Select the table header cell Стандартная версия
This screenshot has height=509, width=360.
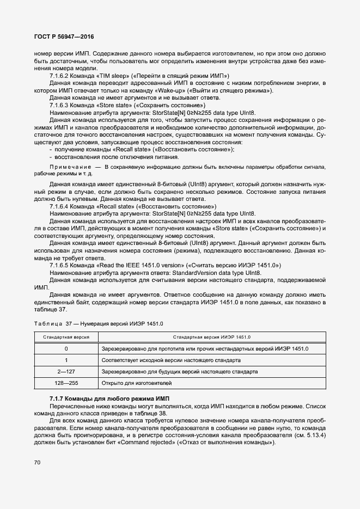point(66,337)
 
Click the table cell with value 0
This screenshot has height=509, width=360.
point(66,348)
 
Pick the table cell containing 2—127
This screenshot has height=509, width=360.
point(66,372)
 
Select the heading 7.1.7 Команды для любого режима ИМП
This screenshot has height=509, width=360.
point(109,399)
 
